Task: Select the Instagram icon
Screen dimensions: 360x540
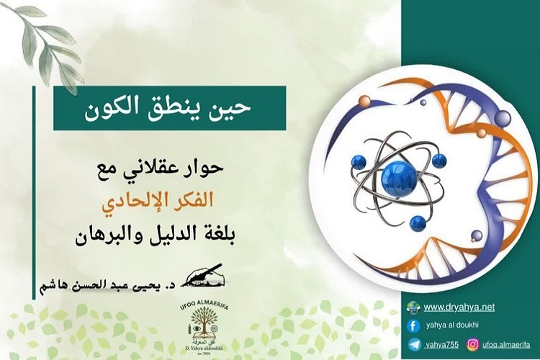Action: [473, 344]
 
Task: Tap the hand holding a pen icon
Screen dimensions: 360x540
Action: [204, 274]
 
